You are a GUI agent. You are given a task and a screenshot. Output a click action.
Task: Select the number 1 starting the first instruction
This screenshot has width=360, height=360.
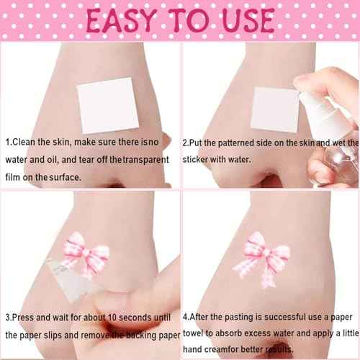(6, 143)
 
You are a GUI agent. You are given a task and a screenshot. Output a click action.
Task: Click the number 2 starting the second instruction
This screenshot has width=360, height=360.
(186, 143)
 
